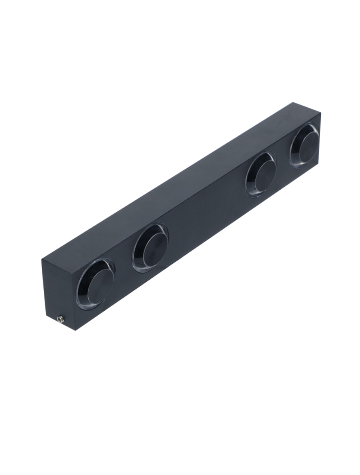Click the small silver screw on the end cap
(x=61, y=318)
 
